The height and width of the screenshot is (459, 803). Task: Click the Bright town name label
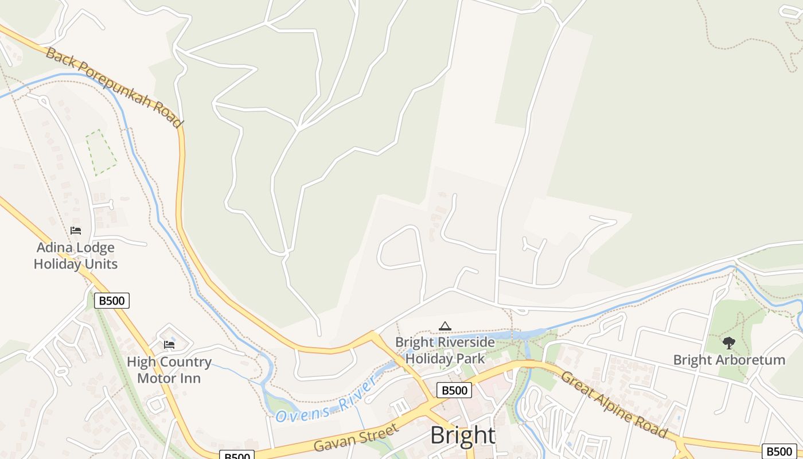point(462,435)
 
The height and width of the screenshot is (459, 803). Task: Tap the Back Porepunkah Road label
point(114,88)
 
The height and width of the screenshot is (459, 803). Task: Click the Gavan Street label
point(356,438)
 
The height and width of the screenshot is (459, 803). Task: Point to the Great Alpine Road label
point(614,404)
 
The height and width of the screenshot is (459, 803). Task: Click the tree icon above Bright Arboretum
point(728,343)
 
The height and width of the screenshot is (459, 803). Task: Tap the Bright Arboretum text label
point(728,360)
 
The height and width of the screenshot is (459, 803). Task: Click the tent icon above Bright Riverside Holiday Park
point(445,326)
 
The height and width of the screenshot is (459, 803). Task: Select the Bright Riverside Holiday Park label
point(445,351)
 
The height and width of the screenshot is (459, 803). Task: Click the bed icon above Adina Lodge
point(76,231)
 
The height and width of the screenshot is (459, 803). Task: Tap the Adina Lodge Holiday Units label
point(75,256)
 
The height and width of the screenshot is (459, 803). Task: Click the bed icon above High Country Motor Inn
point(169,345)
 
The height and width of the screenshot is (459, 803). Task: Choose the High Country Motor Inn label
point(169,370)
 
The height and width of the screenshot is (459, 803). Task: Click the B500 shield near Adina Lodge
point(112,301)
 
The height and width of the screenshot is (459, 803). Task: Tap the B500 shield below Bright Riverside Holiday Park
point(454,390)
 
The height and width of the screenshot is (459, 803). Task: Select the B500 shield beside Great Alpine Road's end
point(779,451)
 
